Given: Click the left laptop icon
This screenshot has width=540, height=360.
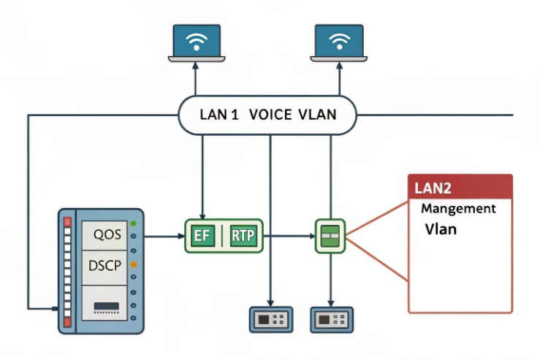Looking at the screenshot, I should [x=195, y=42].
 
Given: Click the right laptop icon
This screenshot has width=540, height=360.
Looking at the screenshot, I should [x=338, y=42].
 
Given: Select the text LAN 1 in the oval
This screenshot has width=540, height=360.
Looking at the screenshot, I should [x=219, y=115].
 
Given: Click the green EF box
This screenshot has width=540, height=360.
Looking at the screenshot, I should [x=202, y=236].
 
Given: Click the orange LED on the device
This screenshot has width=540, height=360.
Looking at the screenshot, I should [x=133, y=264].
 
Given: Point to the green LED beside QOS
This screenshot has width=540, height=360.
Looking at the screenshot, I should [x=133, y=223].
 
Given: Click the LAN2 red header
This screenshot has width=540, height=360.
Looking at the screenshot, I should [x=460, y=187].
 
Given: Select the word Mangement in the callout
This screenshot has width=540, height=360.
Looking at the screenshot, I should [x=458, y=209].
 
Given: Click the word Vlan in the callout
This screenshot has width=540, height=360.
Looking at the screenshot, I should [x=441, y=229].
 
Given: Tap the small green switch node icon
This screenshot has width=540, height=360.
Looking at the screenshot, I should [x=330, y=236].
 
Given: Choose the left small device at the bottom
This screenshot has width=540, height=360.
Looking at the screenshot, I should [x=272, y=319].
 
